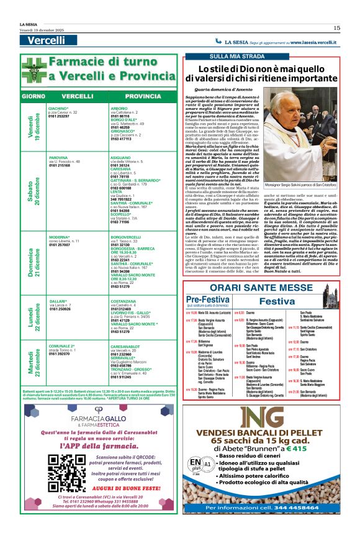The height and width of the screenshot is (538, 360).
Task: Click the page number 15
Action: [336, 27]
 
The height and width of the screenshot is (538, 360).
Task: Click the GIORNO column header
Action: [32, 97]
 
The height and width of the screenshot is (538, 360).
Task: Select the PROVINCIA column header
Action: [142, 97]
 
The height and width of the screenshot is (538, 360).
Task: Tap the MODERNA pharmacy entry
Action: [60, 237]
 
